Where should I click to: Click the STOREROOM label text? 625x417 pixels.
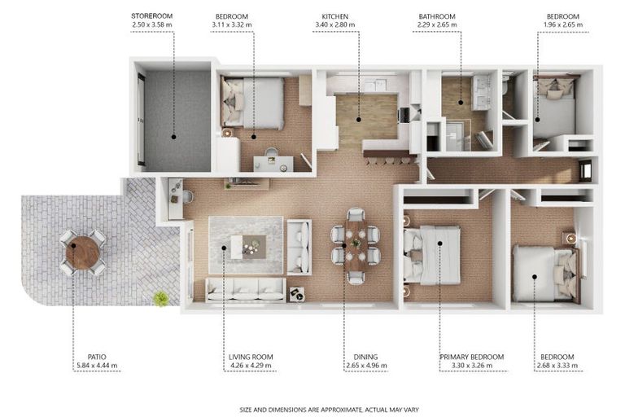(x=152, y=16)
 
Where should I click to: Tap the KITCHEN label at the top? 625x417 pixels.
(x=334, y=16)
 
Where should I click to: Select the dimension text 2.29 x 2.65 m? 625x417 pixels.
(x=437, y=24)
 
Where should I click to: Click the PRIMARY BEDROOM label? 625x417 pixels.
(x=471, y=357)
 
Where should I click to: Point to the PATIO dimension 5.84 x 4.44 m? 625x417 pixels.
(x=97, y=365)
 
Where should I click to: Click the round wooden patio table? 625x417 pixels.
(x=82, y=252)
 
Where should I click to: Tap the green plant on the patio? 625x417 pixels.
(x=161, y=298)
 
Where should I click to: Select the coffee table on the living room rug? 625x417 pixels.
(x=248, y=247)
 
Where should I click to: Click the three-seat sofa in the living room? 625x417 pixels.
(x=246, y=290)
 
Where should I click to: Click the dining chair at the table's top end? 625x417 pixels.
(x=356, y=215)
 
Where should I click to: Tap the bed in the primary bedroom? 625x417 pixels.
(x=432, y=255)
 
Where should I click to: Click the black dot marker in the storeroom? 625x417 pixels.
(x=173, y=137)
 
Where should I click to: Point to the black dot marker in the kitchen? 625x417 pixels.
(x=359, y=119)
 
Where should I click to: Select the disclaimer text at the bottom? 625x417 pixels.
(x=330, y=410)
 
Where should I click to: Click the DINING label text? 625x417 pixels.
(x=365, y=357)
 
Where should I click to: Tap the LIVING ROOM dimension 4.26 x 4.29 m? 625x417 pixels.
(x=251, y=365)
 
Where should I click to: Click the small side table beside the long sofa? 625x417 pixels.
(x=296, y=295)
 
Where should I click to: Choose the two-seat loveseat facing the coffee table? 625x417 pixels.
(x=299, y=248)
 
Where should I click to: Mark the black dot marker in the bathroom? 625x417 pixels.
(x=461, y=103)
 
